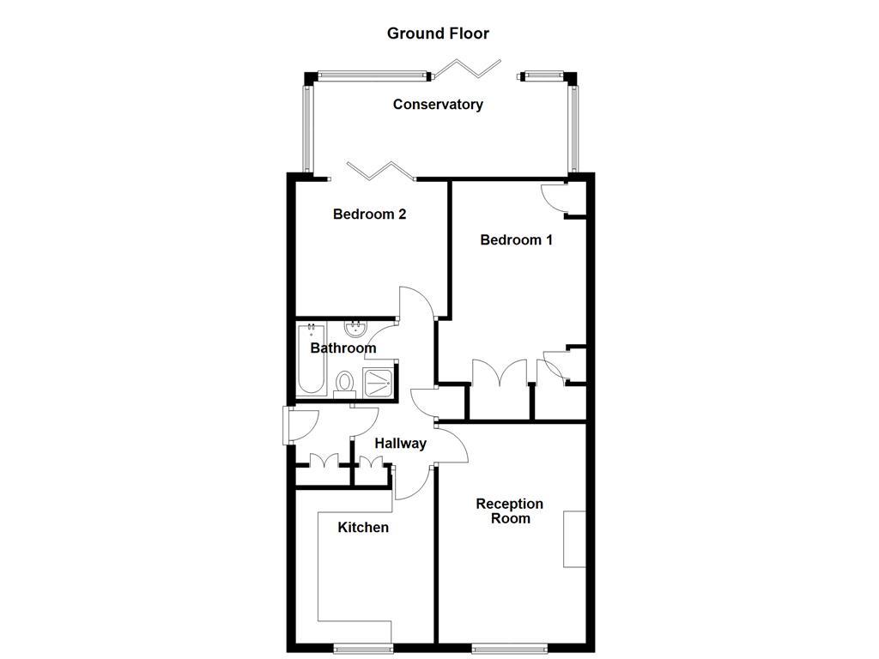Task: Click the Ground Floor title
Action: point(438,33)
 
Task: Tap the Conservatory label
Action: point(438,105)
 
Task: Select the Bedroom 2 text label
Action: point(369,215)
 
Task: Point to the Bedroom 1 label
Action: point(516,240)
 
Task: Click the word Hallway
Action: point(400,444)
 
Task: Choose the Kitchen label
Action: point(362,527)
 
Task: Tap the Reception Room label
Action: point(510,511)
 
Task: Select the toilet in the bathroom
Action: point(345,383)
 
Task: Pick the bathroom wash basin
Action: point(355,329)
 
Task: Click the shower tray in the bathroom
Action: point(379,382)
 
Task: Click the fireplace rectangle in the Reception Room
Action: point(574,539)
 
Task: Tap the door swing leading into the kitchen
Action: point(410,483)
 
